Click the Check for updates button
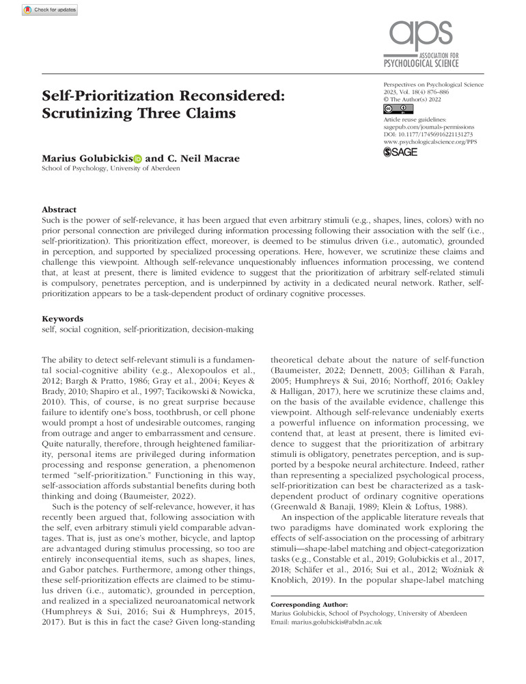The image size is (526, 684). (x=50, y=10)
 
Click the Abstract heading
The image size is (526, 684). (x=59, y=209)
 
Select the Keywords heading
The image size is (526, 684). (x=63, y=319)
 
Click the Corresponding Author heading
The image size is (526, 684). (x=309, y=605)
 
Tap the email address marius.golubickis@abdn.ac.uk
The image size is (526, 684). (x=327, y=622)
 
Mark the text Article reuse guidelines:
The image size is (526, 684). (x=417, y=119)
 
